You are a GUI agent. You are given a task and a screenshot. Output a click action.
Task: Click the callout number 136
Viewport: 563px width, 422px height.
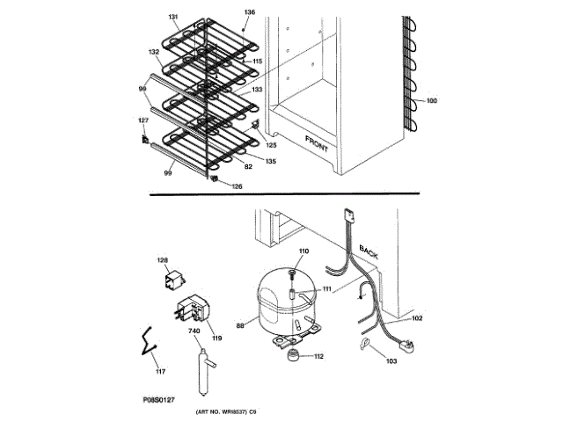pyautogui.click(x=250, y=12)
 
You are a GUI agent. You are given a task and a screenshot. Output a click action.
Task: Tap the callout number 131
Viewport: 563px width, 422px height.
pyautogui.click(x=172, y=17)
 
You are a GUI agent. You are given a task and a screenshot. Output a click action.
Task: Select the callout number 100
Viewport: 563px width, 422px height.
pyautogui.click(x=431, y=102)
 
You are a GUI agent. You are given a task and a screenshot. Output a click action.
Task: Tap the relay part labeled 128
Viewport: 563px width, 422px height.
pyautogui.click(x=172, y=280)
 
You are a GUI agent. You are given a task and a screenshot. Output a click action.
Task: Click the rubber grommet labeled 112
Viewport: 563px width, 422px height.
pyautogui.click(x=291, y=354)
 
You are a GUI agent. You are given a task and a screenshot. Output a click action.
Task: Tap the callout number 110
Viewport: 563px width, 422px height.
pyautogui.click(x=303, y=252)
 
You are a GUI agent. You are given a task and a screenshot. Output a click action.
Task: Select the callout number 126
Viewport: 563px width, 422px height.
pyautogui.click(x=237, y=186)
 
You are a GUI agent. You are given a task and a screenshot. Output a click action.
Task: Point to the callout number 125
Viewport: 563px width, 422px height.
pyautogui.click(x=272, y=144)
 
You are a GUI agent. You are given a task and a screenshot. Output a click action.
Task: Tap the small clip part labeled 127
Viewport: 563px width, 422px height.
pyautogui.click(x=145, y=137)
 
